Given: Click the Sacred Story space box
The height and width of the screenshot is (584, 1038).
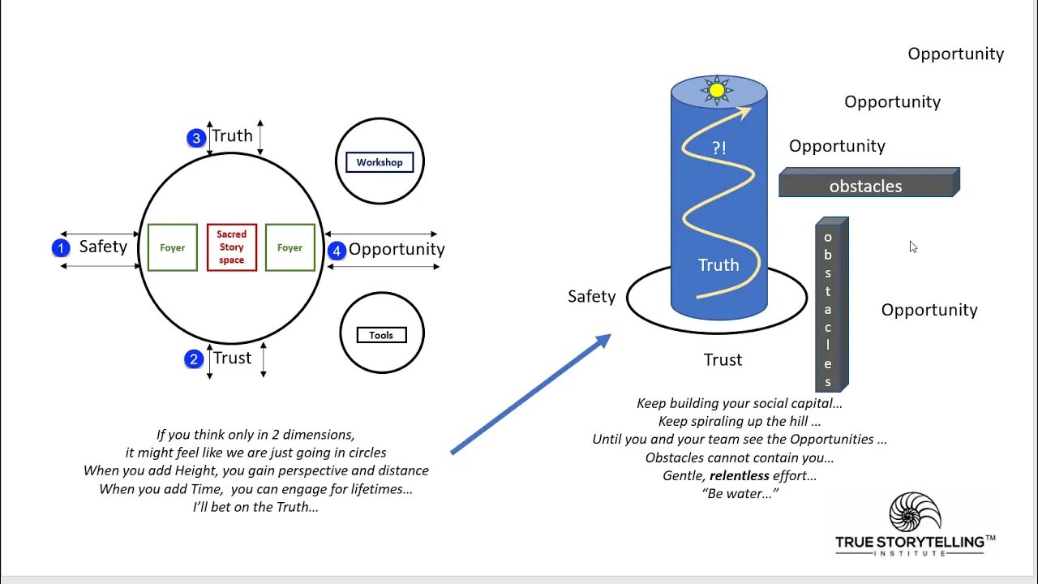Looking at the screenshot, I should pos(232,247).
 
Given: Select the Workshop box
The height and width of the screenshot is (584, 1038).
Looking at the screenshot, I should pos(380,162).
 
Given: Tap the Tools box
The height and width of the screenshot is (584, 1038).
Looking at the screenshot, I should pos(381,335).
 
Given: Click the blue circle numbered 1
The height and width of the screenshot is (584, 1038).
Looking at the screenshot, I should pos(61,248).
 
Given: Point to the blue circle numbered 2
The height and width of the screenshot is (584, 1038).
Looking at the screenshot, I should pos(194,359).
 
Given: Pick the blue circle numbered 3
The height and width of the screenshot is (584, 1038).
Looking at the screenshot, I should pos(196,138).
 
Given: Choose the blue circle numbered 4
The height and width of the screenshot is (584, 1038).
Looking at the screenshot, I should pos(337,251).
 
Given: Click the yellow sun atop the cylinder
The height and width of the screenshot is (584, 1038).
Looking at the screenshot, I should pos(717,90).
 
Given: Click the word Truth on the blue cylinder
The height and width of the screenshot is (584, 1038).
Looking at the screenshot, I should pos(718,265).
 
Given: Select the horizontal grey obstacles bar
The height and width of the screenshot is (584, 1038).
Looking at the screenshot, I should pos(866,186).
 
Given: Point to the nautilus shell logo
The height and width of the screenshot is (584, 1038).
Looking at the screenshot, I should pos(916,512).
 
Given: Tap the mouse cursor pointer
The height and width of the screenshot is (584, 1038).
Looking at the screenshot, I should pos(913,247).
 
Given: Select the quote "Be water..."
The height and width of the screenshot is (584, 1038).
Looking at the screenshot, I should pos(740,493).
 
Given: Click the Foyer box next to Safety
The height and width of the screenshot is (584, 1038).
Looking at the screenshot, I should pos(173,247).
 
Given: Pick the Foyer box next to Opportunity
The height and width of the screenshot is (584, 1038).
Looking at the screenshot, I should pos(290,247).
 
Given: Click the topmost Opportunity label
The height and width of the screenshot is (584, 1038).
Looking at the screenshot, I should pos(955,54).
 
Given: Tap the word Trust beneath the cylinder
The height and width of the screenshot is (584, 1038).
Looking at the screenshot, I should pos(723,359).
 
